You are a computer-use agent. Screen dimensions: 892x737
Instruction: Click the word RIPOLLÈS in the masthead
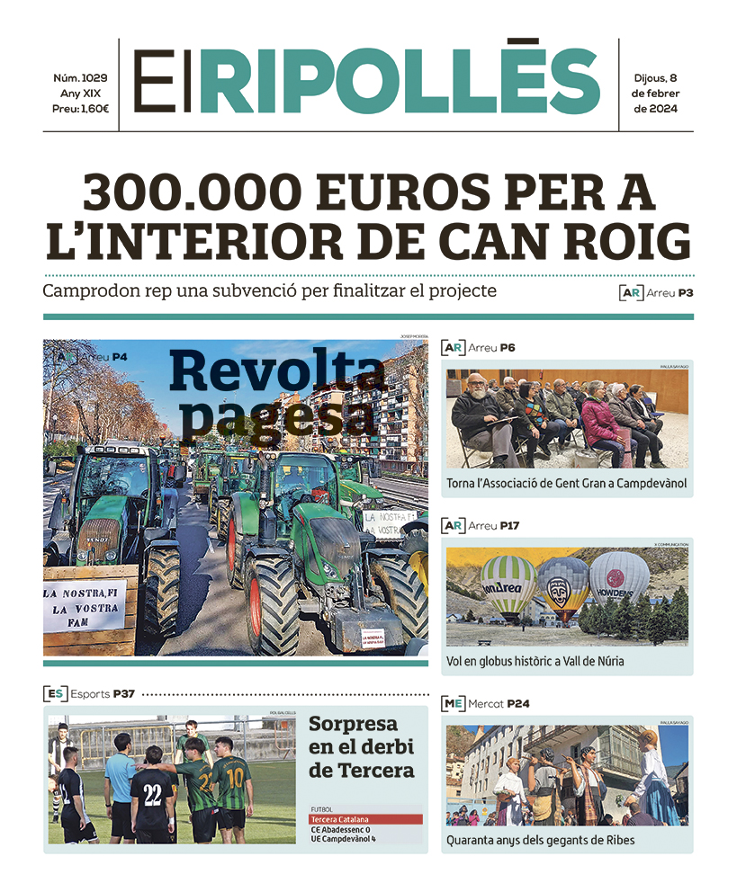(x=400, y=80)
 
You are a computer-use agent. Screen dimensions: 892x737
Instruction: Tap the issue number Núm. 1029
(x=81, y=78)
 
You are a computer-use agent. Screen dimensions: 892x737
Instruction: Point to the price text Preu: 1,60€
(x=81, y=109)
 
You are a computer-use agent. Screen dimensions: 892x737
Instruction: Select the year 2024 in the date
(x=655, y=109)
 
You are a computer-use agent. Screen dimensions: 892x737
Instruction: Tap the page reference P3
(x=686, y=293)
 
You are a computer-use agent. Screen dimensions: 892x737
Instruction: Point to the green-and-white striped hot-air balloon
(x=508, y=584)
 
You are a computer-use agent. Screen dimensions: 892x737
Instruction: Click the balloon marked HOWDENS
(x=618, y=581)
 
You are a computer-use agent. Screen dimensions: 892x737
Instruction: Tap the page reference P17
(x=510, y=525)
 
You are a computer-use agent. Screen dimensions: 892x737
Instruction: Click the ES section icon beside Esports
(x=54, y=693)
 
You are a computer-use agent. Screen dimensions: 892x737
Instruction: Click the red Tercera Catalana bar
(x=365, y=819)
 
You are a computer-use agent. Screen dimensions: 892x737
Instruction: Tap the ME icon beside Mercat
(x=453, y=703)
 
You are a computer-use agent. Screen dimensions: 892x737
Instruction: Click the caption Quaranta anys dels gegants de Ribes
(x=540, y=840)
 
